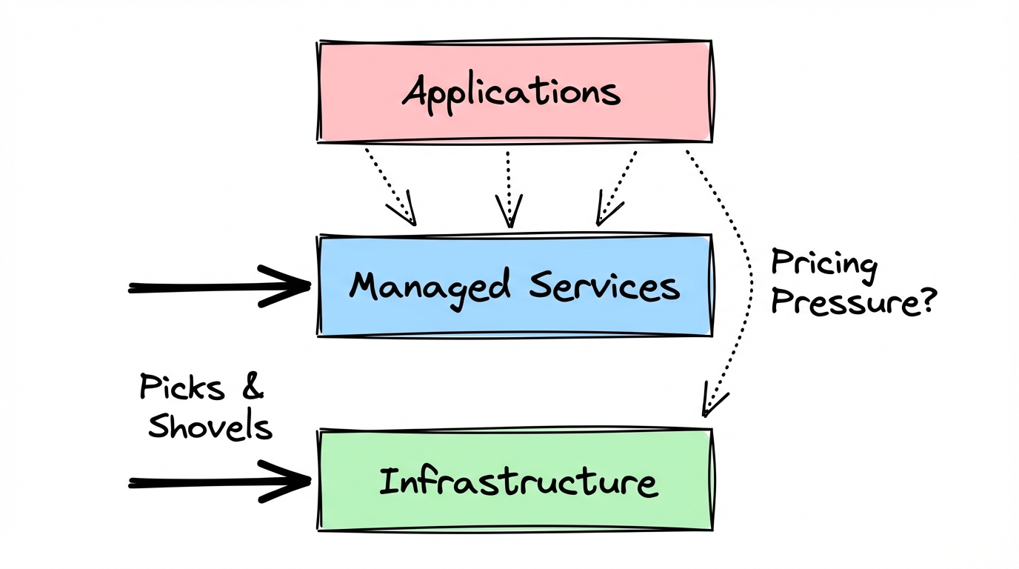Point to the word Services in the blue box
(604, 286)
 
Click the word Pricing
(823, 264)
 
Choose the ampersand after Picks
(251, 387)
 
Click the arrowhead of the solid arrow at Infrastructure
(293, 482)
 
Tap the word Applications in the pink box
(511, 93)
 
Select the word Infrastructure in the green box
(517, 482)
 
